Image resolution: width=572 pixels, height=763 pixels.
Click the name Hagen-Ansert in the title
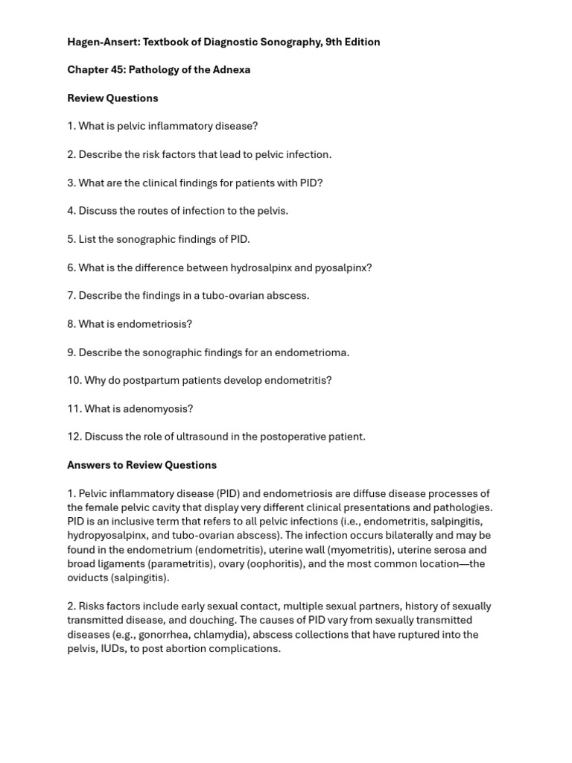coord(101,42)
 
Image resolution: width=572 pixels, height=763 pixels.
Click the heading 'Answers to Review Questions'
coord(142,465)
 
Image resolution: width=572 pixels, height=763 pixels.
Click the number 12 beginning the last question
coord(74,437)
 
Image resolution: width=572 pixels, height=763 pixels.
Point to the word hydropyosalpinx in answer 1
coord(107,536)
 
